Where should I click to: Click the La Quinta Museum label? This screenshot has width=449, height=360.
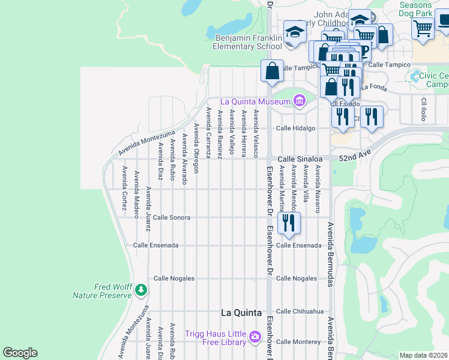(x=256, y=101)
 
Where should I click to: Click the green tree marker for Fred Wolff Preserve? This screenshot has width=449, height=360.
(x=141, y=290)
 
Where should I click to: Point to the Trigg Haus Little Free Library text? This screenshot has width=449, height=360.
(x=217, y=338)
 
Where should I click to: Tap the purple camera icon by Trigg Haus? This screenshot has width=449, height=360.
(x=255, y=337)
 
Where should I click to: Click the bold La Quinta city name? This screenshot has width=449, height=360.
(x=241, y=313)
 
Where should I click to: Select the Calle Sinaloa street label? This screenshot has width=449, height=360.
(x=296, y=158)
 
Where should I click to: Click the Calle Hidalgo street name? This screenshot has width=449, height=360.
(x=295, y=128)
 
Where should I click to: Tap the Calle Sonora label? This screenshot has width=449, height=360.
(x=172, y=217)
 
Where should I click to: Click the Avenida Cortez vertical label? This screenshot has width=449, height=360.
(x=124, y=188)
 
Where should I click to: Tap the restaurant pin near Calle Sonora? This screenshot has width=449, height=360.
(x=289, y=223)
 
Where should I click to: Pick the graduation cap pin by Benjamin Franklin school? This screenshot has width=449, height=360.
(x=295, y=33)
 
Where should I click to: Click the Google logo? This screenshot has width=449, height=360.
(x=20, y=353)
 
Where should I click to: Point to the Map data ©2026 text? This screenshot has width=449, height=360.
(x=423, y=355)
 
